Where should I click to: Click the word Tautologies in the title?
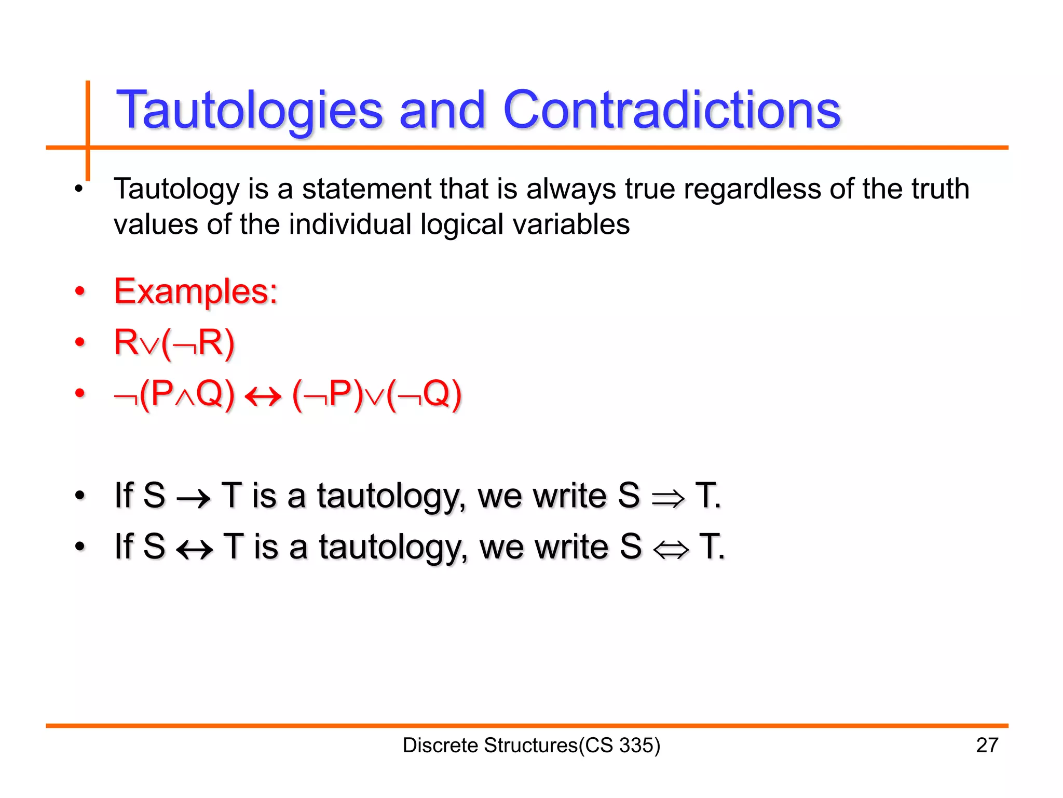pos(249,110)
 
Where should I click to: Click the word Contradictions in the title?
pos(672,110)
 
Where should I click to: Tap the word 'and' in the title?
pos(442,110)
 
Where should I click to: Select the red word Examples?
pos(196,291)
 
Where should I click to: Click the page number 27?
pos(987,745)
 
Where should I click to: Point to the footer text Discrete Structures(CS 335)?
pos(531,745)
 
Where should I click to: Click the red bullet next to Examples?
pos(79,291)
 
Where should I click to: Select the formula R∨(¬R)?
pos(174,343)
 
